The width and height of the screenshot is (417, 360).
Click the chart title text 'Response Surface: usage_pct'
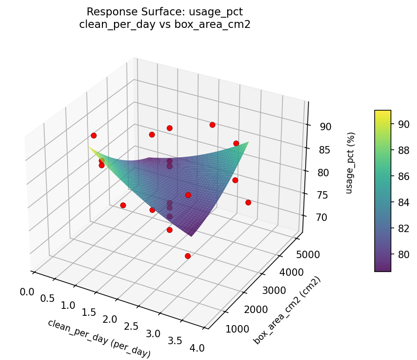165,11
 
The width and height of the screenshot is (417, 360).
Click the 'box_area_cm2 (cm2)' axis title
287,310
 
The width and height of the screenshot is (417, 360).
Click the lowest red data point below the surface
188,256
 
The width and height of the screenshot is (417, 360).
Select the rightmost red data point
248,202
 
